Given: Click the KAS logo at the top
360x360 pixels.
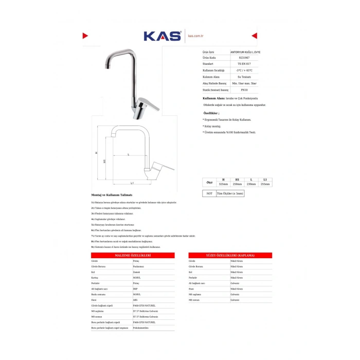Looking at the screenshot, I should pyautogui.click(x=162, y=36).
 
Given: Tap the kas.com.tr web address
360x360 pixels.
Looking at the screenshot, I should pyautogui.click(x=196, y=36).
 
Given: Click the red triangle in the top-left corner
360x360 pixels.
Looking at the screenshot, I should pyautogui.click(x=85, y=35).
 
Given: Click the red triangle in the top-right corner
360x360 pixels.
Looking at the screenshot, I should pyautogui.click(x=254, y=35).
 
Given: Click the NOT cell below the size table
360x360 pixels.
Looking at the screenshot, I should pyautogui.click(x=209, y=193).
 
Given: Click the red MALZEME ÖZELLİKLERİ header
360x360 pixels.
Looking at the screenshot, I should pyautogui.click(x=132, y=256).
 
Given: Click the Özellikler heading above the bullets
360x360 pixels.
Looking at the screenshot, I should pyautogui.click(x=211, y=113).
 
